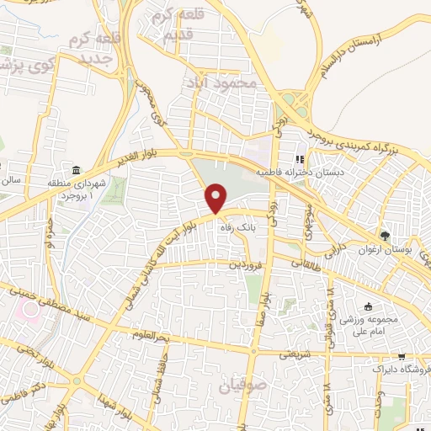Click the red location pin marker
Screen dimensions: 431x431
pyautogui.click(x=217, y=199)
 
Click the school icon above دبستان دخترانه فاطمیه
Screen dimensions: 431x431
pyautogui.click(x=297, y=157)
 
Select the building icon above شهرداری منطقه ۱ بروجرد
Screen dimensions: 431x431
pyautogui.click(x=77, y=170)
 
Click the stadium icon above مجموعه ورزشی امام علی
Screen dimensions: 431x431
pyautogui.click(x=367, y=307)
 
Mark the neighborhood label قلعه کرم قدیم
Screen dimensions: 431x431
pyautogui.click(x=174, y=25)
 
